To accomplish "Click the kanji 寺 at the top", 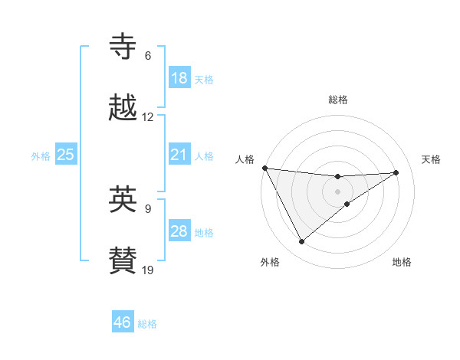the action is pos(123,47).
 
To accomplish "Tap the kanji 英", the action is pos(123,199).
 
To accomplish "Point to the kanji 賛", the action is pos(123,260).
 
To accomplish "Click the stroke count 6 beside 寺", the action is pos(148,56).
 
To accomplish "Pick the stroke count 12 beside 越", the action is pos(148,117).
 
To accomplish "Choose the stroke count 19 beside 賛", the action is pos(148,270).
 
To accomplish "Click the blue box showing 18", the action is pos(179,78).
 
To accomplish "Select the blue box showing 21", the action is pos(179,155).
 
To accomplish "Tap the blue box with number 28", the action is pos(179,231).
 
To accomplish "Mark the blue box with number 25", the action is pos(66,155).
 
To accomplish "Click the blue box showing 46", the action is pos(122,322).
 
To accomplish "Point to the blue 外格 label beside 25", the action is pos(41,155).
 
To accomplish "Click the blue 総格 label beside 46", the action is pos(147,324).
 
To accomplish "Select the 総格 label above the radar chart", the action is pos(338,100).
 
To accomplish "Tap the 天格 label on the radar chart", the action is pos(431,159).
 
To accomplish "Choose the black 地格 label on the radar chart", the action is pos(402,262).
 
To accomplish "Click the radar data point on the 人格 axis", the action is pos(264,168).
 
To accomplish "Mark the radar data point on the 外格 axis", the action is pos(301,242).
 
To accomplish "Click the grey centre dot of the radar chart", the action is pos(338,191).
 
